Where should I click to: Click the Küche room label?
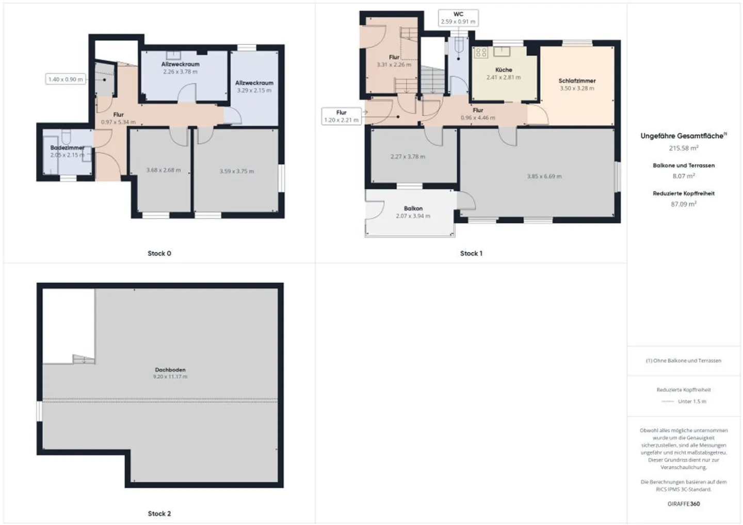[x=504, y=70]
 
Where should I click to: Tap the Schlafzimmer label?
[x=577, y=81]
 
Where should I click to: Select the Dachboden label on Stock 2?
[x=170, y=370]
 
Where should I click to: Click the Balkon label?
[x=413, y=209]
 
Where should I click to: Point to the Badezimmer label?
[x=67, y=148]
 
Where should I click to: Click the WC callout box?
[x=458, y=18]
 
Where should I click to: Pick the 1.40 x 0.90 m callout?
[x=66, y=79]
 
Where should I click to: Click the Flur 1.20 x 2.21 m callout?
[x=341, y=116]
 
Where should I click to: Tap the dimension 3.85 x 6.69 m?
[x=544, y=176]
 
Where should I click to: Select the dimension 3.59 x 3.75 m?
[x=236, y=171]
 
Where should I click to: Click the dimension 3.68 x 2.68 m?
[x=163, y=170]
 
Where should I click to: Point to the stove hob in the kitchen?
[x=481, y=52]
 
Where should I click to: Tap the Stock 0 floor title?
[x=159, y=253]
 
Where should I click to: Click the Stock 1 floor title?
[x=471, y=253]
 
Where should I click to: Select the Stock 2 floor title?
[x=159, y=514]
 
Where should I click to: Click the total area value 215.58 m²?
[x=683, y=148]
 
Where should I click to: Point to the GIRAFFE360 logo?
[x=683, y=504]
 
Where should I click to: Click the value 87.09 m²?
[x=683, y=204]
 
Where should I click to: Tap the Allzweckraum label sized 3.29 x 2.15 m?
[x=254, y=83]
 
